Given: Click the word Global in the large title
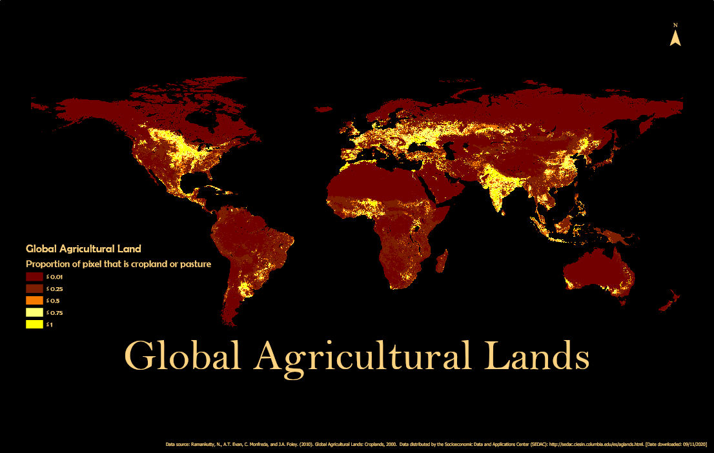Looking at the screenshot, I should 183,356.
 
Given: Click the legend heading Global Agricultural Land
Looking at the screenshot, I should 83,248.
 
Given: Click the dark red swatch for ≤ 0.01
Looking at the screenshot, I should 34,277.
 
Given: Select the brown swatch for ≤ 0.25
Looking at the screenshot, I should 34,288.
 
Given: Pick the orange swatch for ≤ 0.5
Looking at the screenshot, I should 34,301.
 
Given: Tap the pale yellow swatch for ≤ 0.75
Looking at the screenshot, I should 34,313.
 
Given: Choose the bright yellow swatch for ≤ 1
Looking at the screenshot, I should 34,325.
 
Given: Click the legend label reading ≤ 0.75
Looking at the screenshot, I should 54,313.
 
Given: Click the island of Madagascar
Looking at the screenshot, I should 442,262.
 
